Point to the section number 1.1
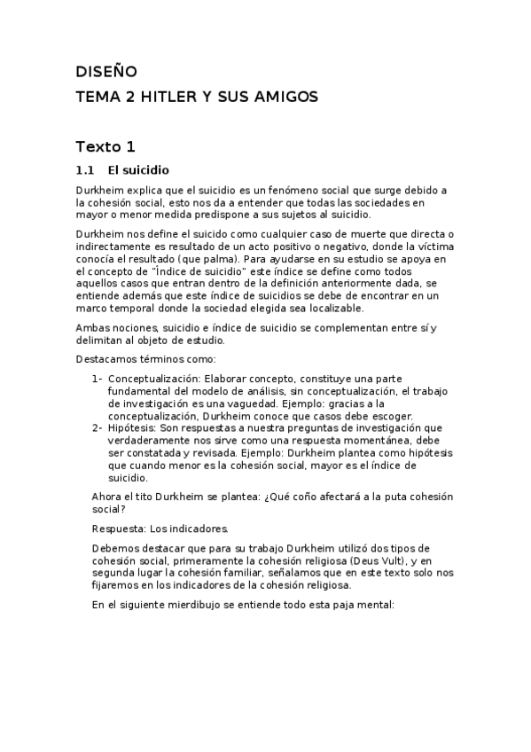(85, 169)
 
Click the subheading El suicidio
(138, 169)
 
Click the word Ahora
(107, 497)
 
